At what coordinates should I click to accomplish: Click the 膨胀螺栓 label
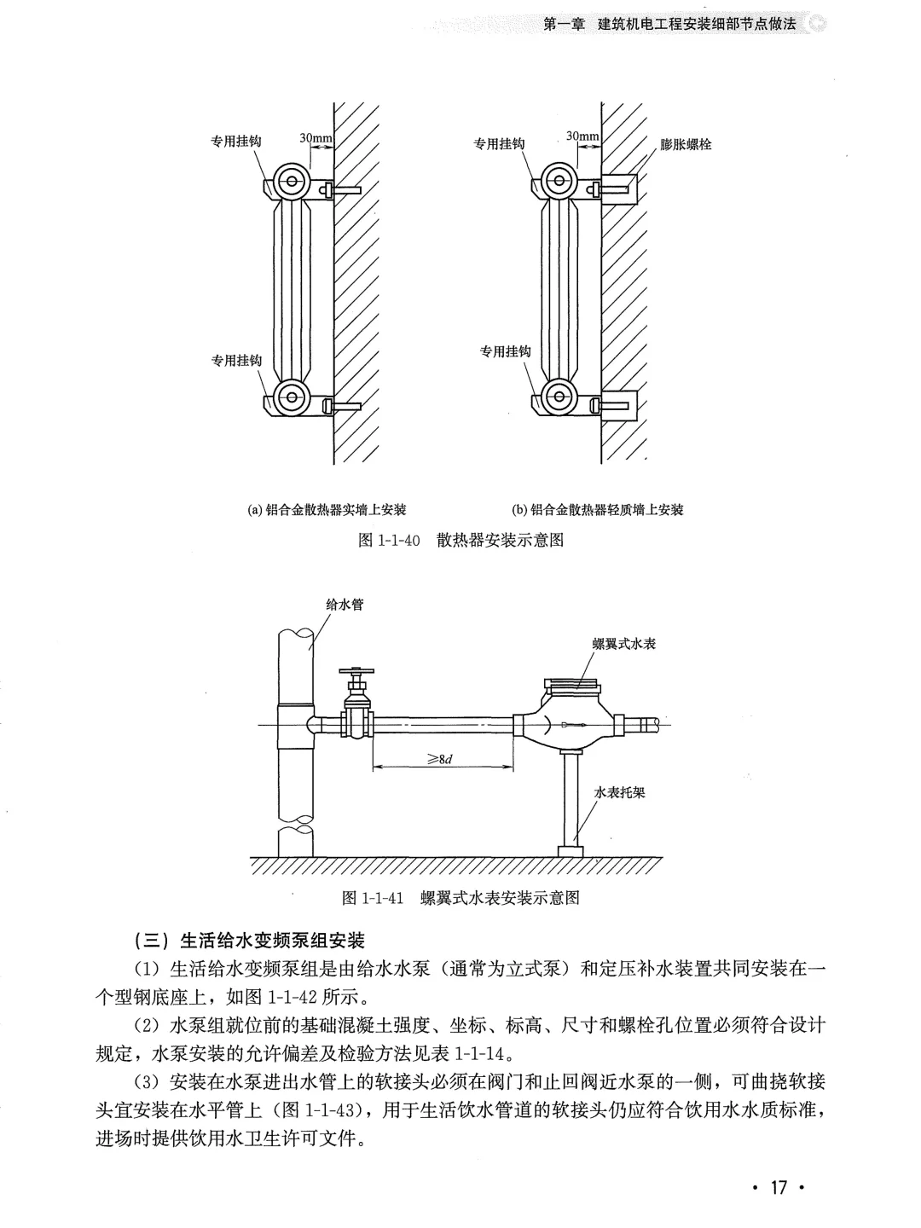click(686, 145)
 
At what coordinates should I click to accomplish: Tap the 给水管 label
click(345, 604)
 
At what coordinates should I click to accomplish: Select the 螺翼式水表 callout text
click(624, 644)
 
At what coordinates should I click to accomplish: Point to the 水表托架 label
click(619, 792)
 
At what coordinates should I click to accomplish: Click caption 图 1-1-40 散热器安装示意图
click(461, 541)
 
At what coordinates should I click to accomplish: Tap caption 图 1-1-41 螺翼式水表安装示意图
click(460, 898)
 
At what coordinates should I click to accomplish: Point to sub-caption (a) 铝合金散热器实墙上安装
click(327, 510)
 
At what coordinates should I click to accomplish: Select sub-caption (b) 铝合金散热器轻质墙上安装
click(597, 510)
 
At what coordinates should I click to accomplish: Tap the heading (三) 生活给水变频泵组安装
click(250, 941)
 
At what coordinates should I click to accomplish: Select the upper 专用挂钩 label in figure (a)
click(236, 142)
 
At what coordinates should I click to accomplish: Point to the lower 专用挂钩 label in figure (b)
click(505, 351)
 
